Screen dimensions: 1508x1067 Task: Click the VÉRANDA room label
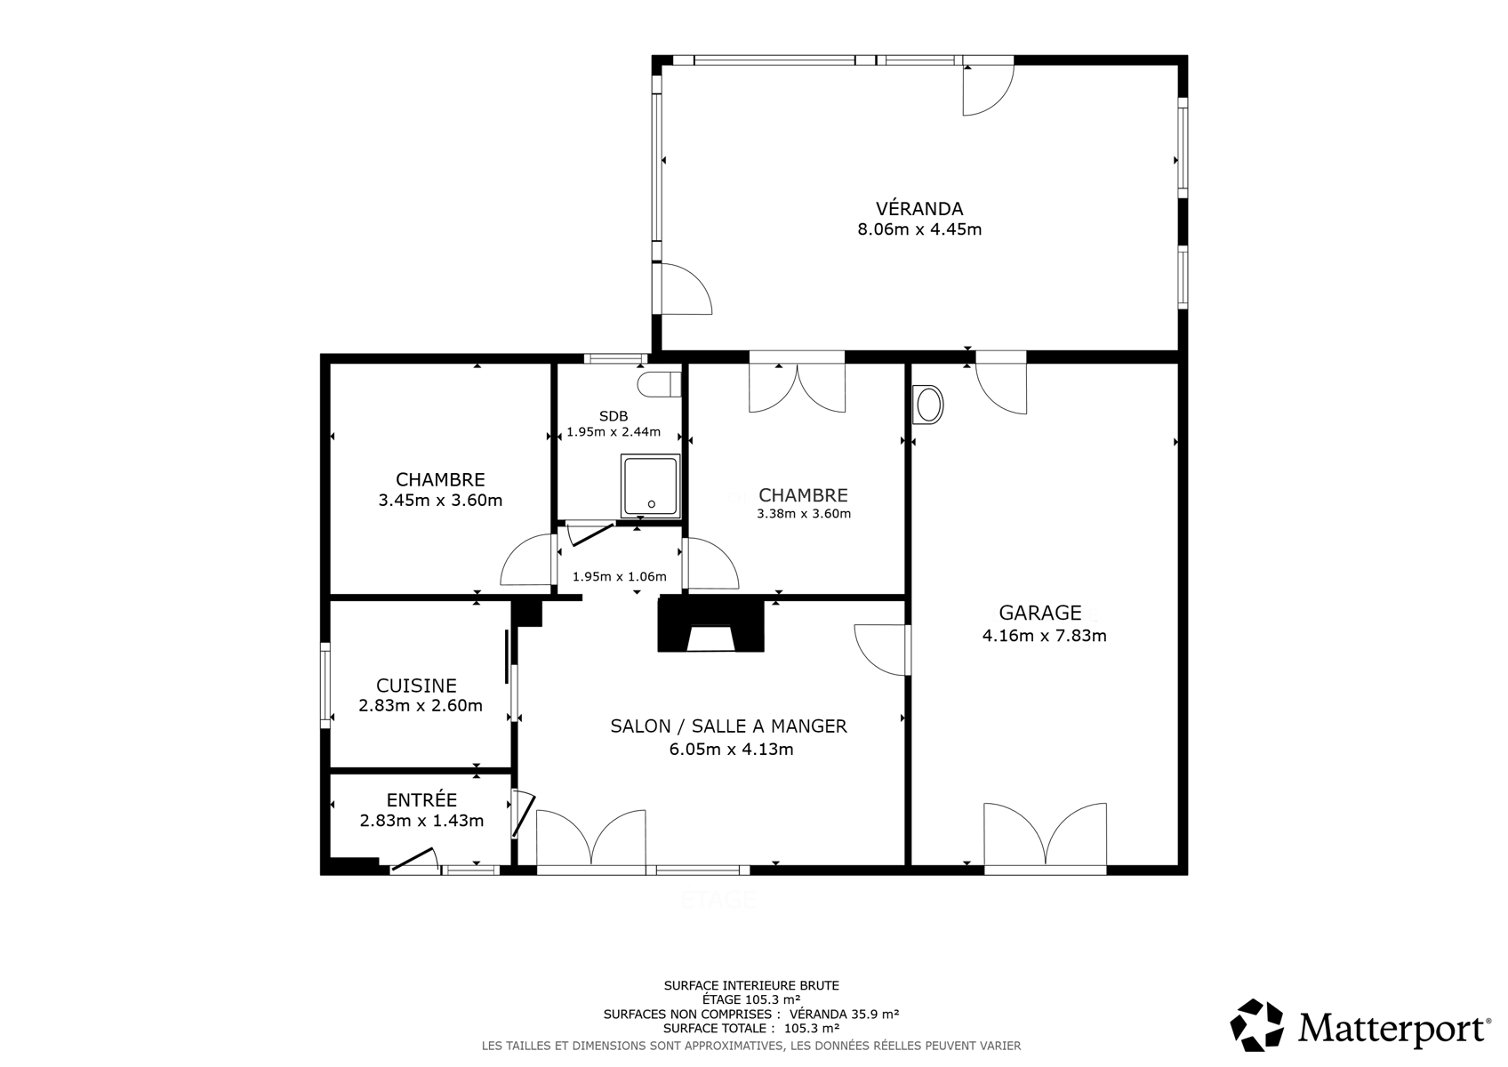click(919, 209)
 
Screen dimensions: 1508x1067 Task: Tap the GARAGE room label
click(1040, 613)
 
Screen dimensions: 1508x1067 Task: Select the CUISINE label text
click(416, 686)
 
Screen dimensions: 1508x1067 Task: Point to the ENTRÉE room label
click(421, 799)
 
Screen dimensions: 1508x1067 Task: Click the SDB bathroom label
click(614, 417)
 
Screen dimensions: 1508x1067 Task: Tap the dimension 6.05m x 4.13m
click(731, 750)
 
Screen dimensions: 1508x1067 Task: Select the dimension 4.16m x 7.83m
click(1044, 636)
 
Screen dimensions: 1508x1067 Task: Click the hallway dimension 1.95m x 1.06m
click(620, 576)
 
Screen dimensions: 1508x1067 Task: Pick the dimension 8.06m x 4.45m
click(919, 229)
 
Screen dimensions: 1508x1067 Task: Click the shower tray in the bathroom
click(650, 486)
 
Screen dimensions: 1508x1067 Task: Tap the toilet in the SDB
click(659, 385)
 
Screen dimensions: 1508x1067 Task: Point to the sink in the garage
click(927, 405)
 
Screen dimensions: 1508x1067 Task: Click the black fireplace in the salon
click(711, 624)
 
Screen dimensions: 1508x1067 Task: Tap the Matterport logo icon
click(1257, 1024)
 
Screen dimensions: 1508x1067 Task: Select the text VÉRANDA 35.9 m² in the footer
click(844, 1014)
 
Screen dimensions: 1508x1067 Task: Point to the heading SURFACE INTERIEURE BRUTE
click(751, 985)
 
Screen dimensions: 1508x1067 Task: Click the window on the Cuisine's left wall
click(325, 686)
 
